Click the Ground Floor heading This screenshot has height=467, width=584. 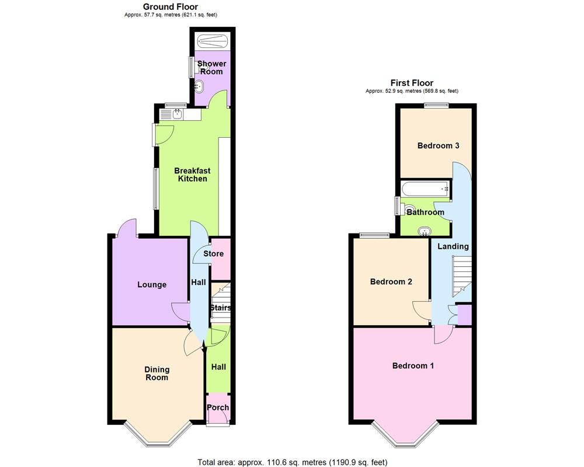point(171,6)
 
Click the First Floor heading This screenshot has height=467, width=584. point(412,83)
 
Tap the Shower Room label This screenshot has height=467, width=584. point(211,67)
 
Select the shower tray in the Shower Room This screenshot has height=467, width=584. point(211,40)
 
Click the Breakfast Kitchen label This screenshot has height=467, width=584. point(192,175)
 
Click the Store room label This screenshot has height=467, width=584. point(213,254)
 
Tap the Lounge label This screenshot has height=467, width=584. point(152,285)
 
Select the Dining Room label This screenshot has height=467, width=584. point(157,373)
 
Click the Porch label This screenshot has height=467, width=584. point(218,407)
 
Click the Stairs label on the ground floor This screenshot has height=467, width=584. point(221,308)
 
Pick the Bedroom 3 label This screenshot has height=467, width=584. point(438,145)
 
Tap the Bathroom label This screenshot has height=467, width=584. point(425,212)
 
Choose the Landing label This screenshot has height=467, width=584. point(453,246)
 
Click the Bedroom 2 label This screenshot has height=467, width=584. point(391,281)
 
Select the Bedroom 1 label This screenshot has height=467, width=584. point(413,366)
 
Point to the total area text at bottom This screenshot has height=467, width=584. point(293,462)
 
